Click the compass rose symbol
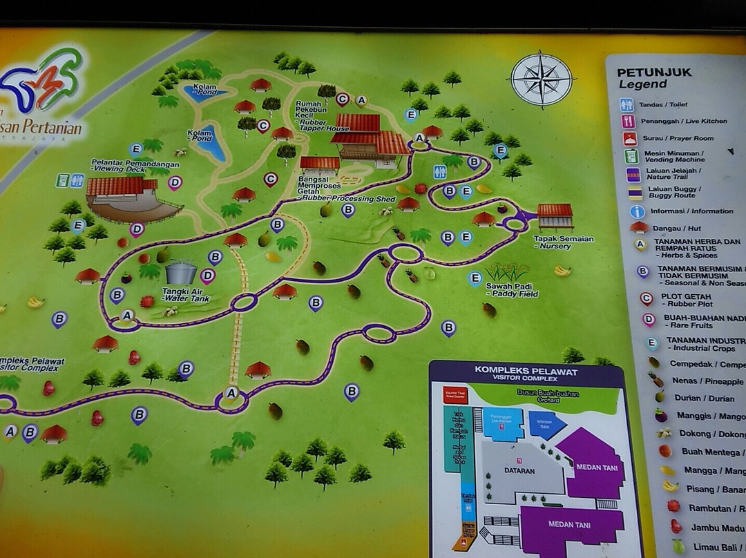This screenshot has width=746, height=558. [x=542, y=79]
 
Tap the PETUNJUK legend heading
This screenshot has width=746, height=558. [x=653, y=72]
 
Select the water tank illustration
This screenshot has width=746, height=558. [x=180, y=272]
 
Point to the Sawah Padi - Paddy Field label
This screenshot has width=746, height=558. [x=512, y=289]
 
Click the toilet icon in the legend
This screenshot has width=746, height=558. [x=627, y=105]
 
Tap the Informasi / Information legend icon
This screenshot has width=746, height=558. [x=638, y=211]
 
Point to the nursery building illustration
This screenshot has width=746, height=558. [x=555, y=215]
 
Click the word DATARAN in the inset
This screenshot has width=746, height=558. [x=519, y=471]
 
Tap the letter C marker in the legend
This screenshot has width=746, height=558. [x=646, y=299]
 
